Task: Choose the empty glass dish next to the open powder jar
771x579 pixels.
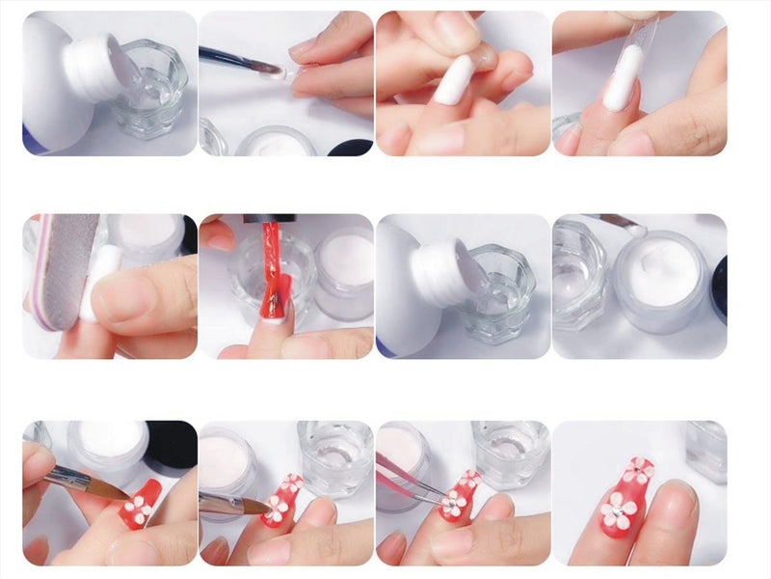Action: pyautogui.click(x=578, y=275)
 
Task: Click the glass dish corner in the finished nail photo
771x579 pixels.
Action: pyautogui.click(x=708, y=449)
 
